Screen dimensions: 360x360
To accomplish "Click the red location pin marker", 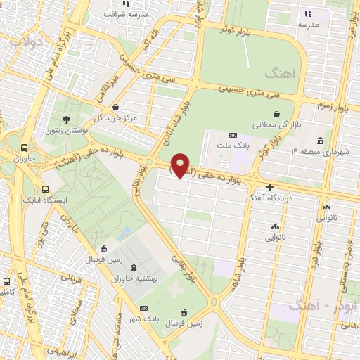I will (x=181, y=165).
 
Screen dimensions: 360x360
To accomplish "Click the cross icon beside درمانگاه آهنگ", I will (x=271, y=187).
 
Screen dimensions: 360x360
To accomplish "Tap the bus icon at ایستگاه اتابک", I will (x=46, y=190).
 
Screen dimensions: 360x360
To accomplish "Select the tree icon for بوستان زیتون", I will (x=67, y=120).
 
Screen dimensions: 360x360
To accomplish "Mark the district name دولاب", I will (x=27, y=41).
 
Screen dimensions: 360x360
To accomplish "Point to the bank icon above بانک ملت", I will (x=233, y=135).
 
